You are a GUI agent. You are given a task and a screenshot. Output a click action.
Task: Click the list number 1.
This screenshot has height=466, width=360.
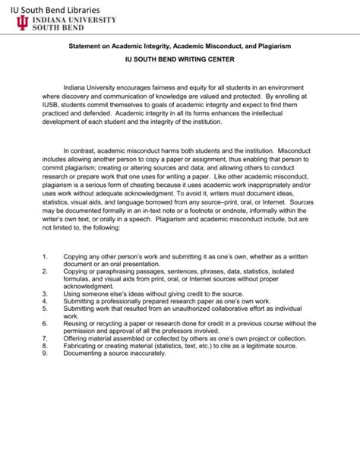pyautogui.click(x=45, y=257)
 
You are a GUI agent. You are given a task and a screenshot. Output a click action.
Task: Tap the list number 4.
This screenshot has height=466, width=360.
pyautogui.click(x=45, y=303)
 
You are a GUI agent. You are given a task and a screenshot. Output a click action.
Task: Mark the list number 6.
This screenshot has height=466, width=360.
pyautogui.click(x=45, y=323)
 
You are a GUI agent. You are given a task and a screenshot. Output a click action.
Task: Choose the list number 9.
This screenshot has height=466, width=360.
pyautogui.click(x=45, y=353)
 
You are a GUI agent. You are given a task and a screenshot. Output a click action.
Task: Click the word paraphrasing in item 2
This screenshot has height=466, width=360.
pyautogui.click(x=118, y=271)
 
